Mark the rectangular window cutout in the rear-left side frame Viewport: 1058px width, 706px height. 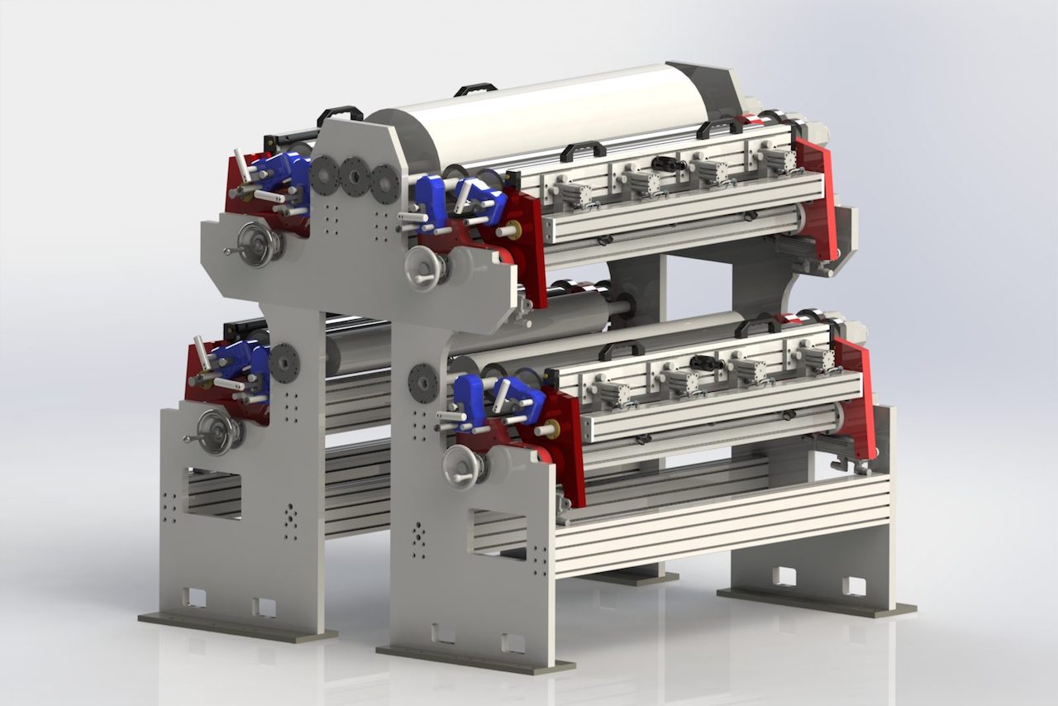tap(213, 493)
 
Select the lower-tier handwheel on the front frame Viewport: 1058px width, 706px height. tap(463, 467)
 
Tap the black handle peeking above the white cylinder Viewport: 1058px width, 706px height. tap(475, 88)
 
